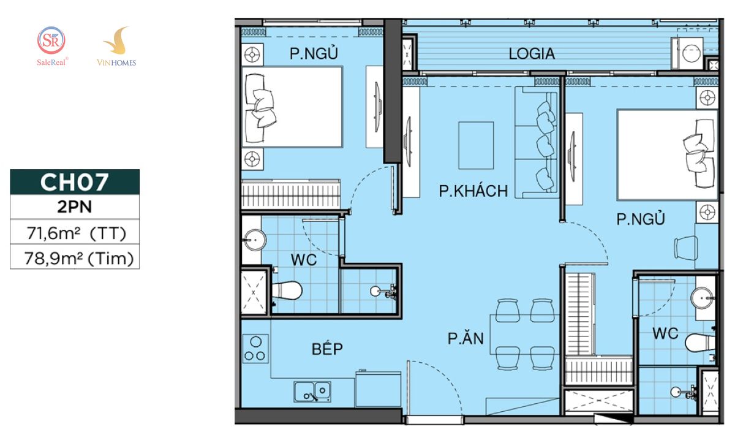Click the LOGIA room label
[532, 54]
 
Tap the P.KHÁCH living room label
[473, 191]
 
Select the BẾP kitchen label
[327, 349]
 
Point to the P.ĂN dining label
[466, 338]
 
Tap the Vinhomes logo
[116, 47]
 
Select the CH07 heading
[75, 182]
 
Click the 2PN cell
[75, 207]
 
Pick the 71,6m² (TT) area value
[76, 233]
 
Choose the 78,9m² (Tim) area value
[79, 259]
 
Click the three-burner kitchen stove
[255, 349]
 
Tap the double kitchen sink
[312, 392]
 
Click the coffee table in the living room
[476, 145]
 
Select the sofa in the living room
[537, 142]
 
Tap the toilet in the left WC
[287, 290]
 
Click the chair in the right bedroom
[686, 248]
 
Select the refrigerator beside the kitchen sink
[378, 389]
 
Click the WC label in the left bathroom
[304, 260]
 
